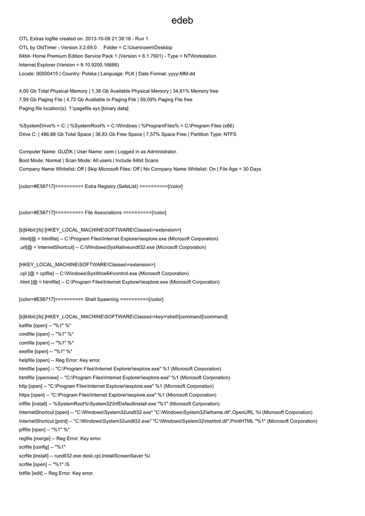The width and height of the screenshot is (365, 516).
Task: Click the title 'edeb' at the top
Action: point(182,21)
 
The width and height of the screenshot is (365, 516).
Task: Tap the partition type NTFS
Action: point(230,135)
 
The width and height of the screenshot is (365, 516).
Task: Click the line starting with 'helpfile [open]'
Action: point(59,360)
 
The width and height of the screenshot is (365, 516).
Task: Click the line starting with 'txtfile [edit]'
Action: point(56,473)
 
